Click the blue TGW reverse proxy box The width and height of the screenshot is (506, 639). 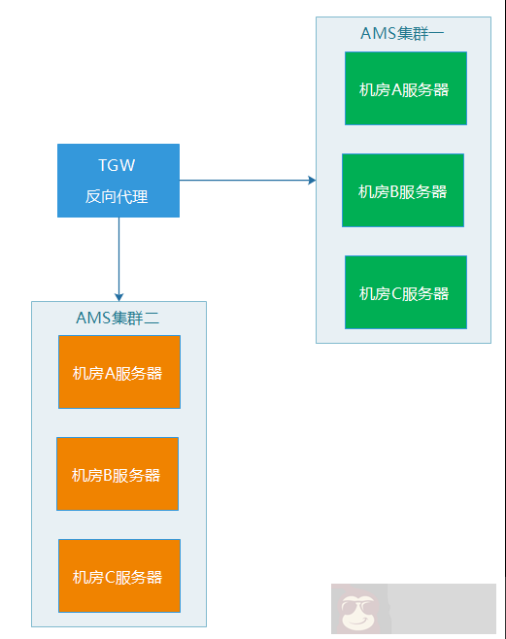coord(118,181)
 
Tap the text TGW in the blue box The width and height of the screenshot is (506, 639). coord(117,165)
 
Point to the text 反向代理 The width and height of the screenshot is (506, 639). coord(117,196)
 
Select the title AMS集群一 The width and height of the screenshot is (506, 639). coord(402,33)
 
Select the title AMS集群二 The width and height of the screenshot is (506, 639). coord(118,318)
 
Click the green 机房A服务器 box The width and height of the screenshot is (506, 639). coord(406,88)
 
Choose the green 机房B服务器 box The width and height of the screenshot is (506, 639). coord(403,190)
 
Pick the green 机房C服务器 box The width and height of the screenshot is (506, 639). coord(406,292)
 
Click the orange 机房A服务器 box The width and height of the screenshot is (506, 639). coord(119,372)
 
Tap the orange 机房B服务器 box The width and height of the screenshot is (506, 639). coord(118,474)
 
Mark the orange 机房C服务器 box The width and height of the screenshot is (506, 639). coord(119,576)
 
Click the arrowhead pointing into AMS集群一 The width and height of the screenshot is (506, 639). coord(312,180)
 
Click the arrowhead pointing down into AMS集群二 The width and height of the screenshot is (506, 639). coord(118,296)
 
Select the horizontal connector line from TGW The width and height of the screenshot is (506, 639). coord(243,180)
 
